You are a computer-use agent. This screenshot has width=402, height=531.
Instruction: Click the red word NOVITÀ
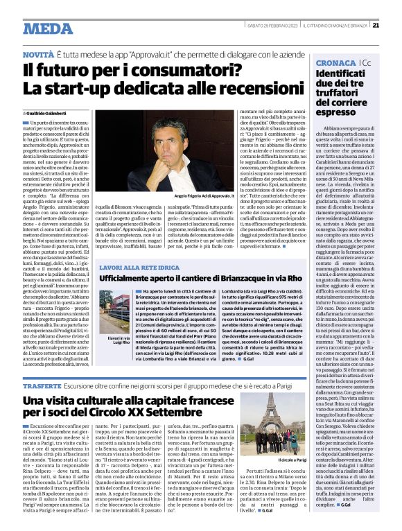tap(39, 55)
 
